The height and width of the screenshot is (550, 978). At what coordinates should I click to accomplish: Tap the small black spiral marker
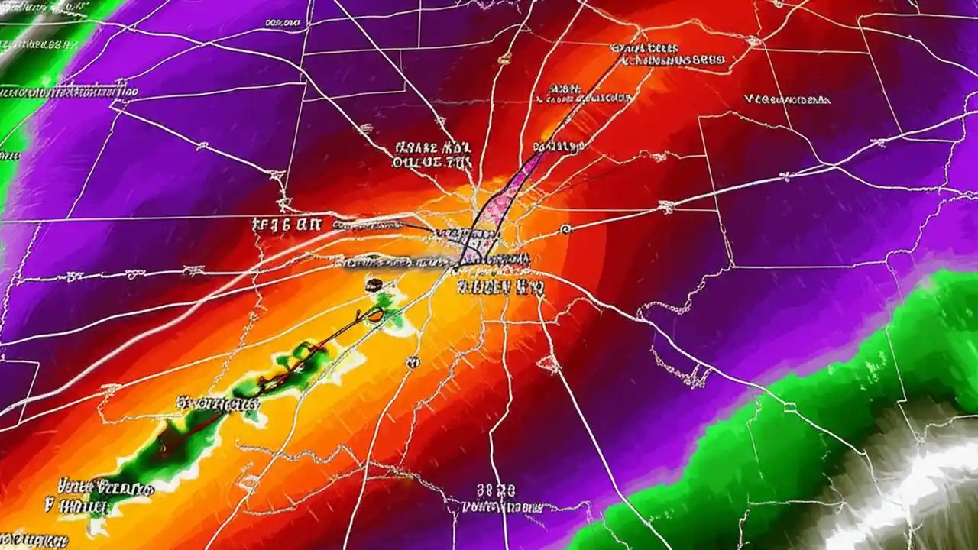[x=565, y=228]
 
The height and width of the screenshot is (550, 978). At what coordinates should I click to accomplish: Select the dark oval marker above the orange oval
[x=372, y=286]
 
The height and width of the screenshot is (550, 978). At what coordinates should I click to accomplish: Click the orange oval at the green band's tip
[x=376, y=314]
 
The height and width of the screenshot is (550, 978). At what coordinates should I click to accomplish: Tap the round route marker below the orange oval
[x=413, y=361]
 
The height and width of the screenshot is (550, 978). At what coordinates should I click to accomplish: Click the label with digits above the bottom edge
[x=496, y=490]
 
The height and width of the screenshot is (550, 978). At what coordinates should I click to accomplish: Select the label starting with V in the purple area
[x=787, y=99]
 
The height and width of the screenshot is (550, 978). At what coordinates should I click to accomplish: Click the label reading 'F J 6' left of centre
[x=289, y=225]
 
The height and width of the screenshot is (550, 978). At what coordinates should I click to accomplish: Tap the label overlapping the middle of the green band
[x=218, y=403]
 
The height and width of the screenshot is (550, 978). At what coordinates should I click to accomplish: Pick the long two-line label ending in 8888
[x=669, y=53]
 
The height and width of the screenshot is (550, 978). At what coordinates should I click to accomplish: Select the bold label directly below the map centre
[x=500, y=288]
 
